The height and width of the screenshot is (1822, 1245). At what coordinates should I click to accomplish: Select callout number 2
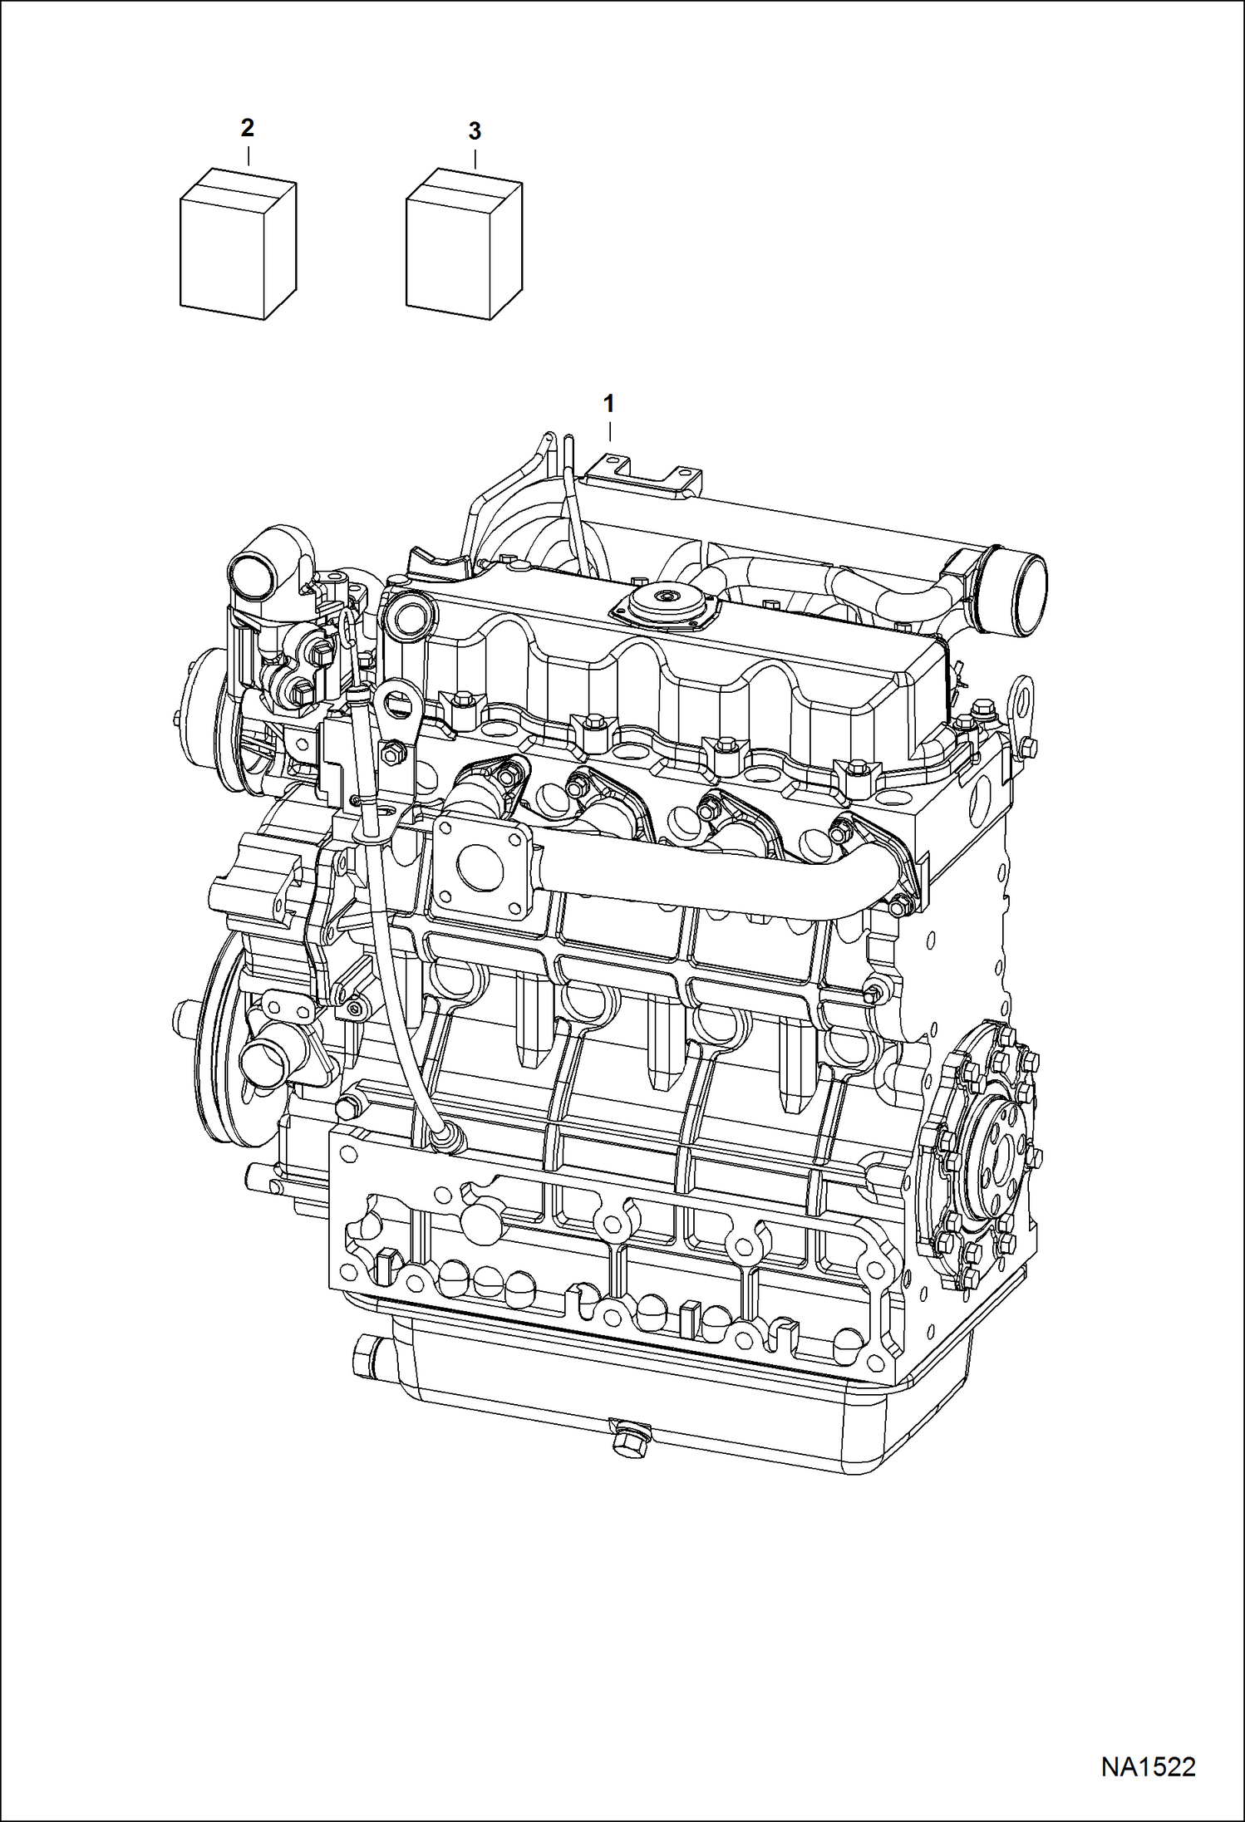click(x=247, y=128)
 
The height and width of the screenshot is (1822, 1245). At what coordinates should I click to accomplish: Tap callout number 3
click(x=475, y=131)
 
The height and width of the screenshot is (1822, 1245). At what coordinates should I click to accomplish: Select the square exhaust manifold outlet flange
click(x=475, y=868)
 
